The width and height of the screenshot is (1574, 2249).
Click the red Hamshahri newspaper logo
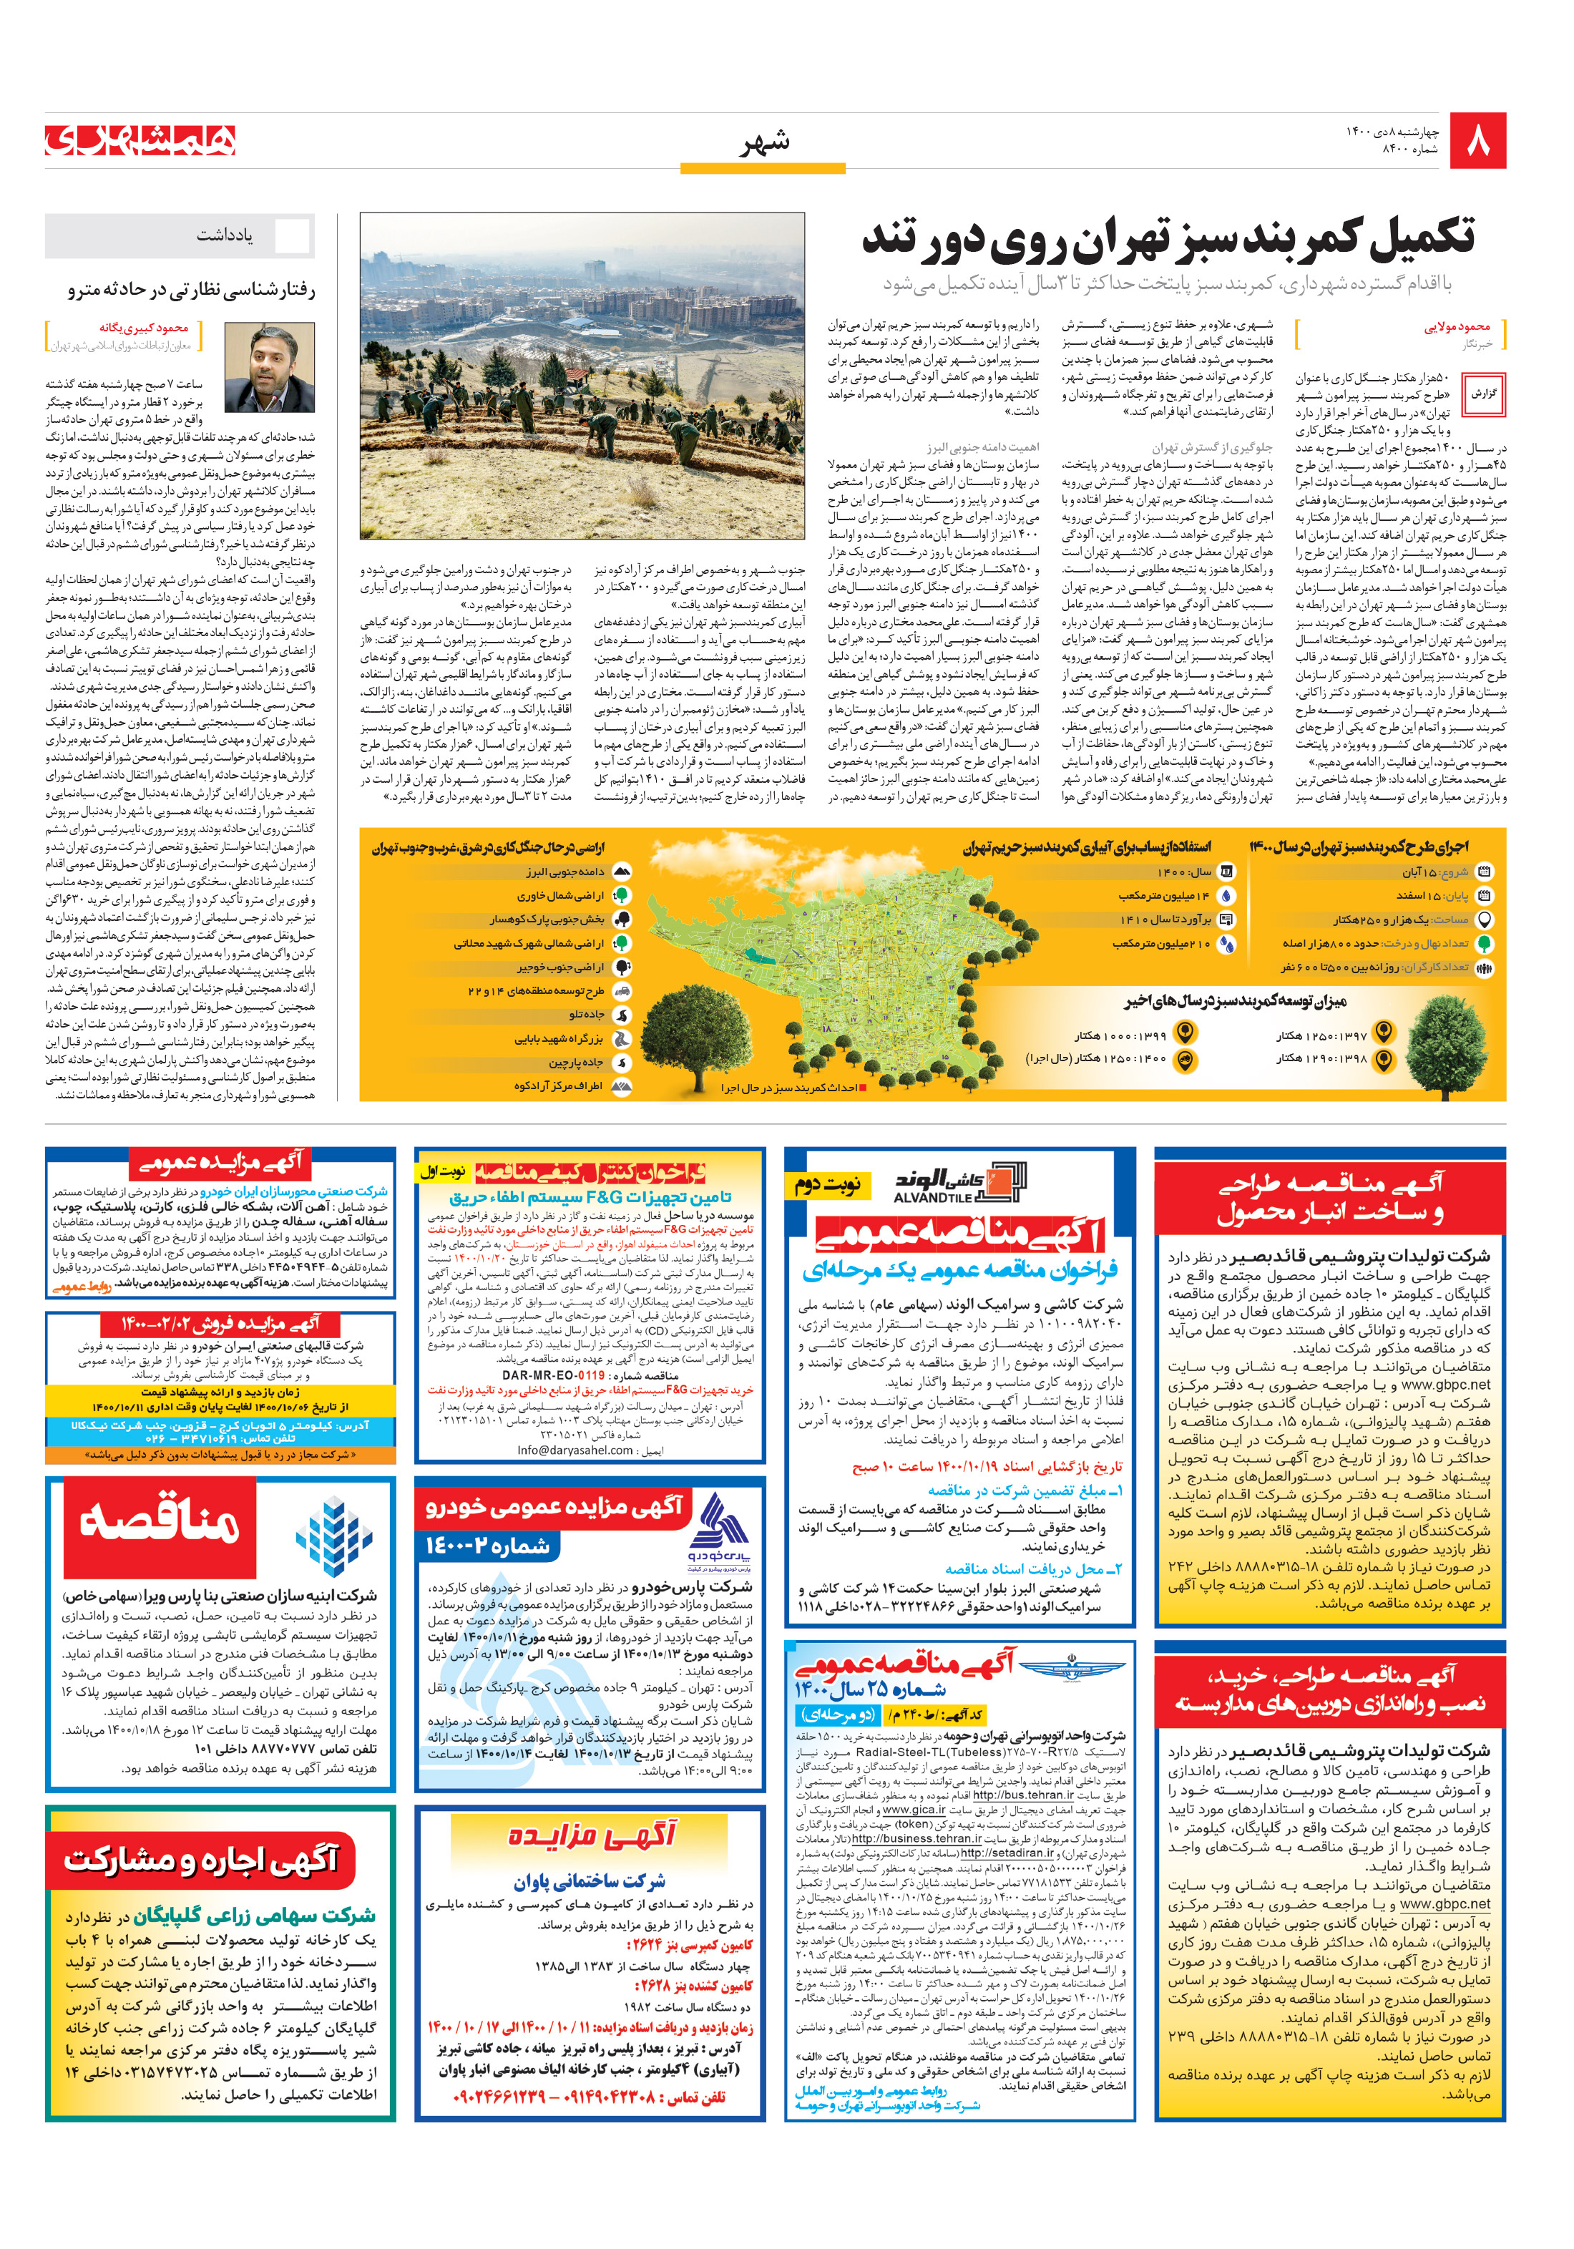click(x=140, y=140)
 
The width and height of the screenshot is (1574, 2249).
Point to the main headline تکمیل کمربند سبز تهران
click(x=1168, y=239)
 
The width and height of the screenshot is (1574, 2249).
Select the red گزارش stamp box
click(x=1484, y=393)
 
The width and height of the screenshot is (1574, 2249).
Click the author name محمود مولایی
click(x=1457, y=327)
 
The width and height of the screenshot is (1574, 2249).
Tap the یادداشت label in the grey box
click(x=225, y=235)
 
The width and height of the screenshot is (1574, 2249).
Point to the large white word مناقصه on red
click(x=160, y=1523)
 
